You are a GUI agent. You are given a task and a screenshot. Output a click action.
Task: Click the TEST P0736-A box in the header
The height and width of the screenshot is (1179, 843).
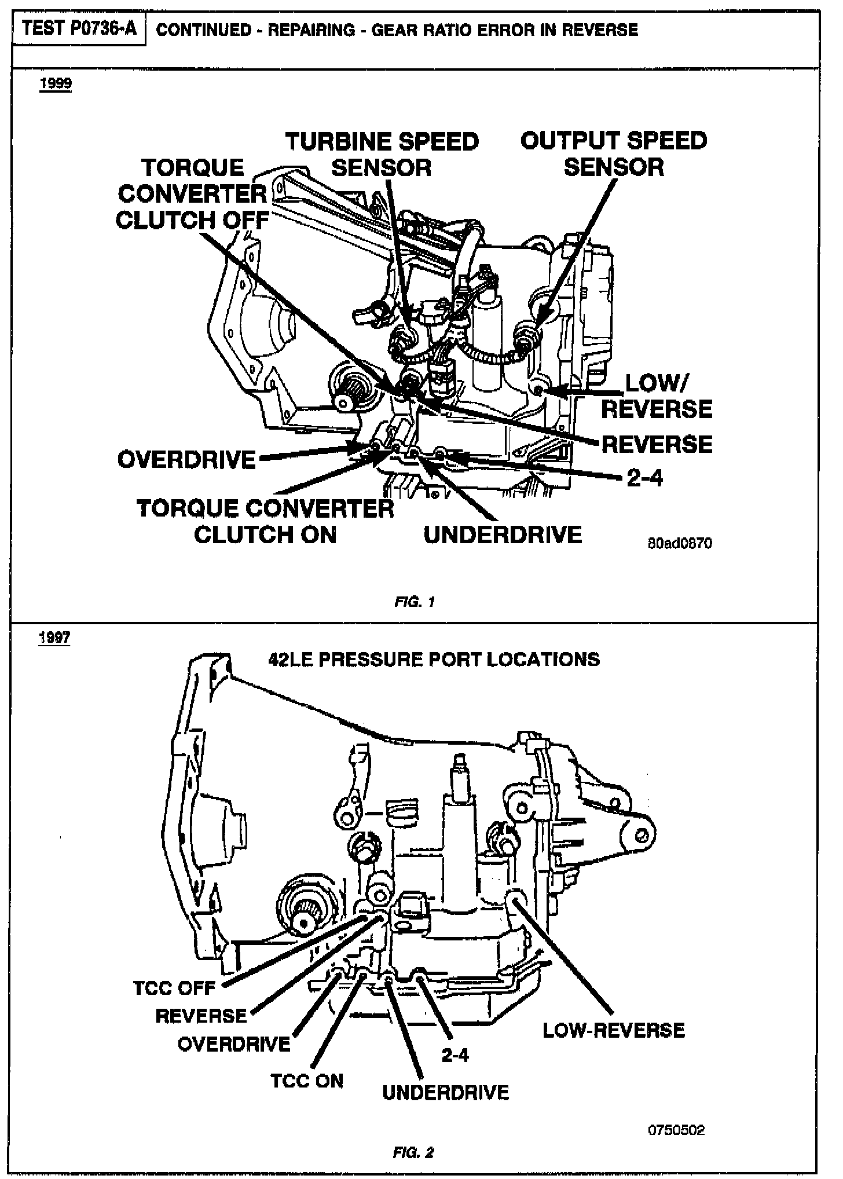coord(79,29)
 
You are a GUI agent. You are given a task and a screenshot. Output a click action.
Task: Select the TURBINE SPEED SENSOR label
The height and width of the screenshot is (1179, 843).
coord(382,155)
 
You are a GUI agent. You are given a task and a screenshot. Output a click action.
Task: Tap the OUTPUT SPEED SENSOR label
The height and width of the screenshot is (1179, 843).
coord(614,154)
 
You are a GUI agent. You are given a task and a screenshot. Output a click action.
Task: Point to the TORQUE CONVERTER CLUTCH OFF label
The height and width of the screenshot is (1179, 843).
coord(192,194)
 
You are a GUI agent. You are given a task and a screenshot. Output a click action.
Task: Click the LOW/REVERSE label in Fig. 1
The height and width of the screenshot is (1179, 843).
coord(657,396)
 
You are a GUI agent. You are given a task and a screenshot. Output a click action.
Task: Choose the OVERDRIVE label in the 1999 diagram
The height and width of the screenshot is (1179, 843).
coord(186,460)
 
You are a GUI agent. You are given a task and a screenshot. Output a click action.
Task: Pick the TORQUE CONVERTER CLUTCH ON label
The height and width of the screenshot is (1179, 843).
coord(265,521)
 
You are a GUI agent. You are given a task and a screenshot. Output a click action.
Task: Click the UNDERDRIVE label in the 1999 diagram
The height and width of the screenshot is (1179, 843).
coord(503,534)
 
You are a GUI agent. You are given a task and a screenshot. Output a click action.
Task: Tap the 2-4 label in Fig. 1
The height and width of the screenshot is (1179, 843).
coord(644,478)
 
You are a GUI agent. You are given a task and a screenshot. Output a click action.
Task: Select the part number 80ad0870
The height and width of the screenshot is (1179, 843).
coord(680,543)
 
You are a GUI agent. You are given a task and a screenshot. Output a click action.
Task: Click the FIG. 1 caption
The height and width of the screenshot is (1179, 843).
coord(414,602)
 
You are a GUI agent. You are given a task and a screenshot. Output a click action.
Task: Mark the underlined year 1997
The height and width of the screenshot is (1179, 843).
coord(54,638)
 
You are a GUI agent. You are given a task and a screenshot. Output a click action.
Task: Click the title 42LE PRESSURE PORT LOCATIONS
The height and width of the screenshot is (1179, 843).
coord(434,659)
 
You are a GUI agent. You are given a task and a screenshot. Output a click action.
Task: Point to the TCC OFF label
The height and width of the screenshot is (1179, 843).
coord(174,987)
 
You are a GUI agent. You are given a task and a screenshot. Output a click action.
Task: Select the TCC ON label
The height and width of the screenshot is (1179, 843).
coord(307,1081)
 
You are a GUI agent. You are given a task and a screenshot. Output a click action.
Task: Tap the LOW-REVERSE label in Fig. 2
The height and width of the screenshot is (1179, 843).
coord(614,1030)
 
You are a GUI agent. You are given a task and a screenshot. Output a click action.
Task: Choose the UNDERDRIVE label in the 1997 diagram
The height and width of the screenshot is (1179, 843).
coord(446,1093)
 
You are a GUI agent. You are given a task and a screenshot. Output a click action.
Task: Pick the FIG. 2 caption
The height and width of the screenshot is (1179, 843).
coord(413,1152)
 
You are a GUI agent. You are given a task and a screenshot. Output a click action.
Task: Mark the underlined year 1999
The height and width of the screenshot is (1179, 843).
coord(56,84)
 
